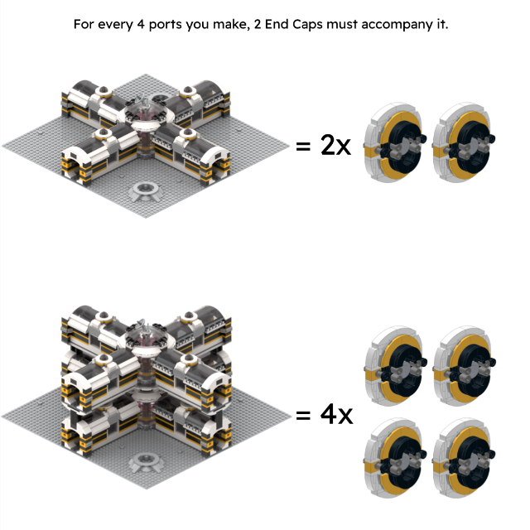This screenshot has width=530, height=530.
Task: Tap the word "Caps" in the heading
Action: click(307, 25)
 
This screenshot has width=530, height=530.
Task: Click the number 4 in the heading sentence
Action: click(141, 24)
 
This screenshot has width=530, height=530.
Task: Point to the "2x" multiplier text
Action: click(335, 146)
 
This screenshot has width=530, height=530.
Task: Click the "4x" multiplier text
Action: click(336, 414)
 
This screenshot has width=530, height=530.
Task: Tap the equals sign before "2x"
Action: click(303, 147)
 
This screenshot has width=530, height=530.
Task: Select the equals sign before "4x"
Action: click(303, 415)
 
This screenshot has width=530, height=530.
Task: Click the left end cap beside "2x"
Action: click(395, 142)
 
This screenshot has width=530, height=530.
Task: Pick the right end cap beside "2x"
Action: click(464, 142)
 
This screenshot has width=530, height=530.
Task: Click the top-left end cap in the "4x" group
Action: click(396, 366)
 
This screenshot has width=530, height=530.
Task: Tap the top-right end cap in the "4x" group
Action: click(465, 366)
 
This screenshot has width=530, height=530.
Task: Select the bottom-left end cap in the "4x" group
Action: click(395, 458)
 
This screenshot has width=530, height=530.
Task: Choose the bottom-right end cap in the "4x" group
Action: click(464, 458)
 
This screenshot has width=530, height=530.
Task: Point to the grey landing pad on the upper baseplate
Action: click(146, 191)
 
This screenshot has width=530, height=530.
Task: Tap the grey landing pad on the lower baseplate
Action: click(146, 462)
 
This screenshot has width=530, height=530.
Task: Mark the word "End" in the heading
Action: click(277, 24)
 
